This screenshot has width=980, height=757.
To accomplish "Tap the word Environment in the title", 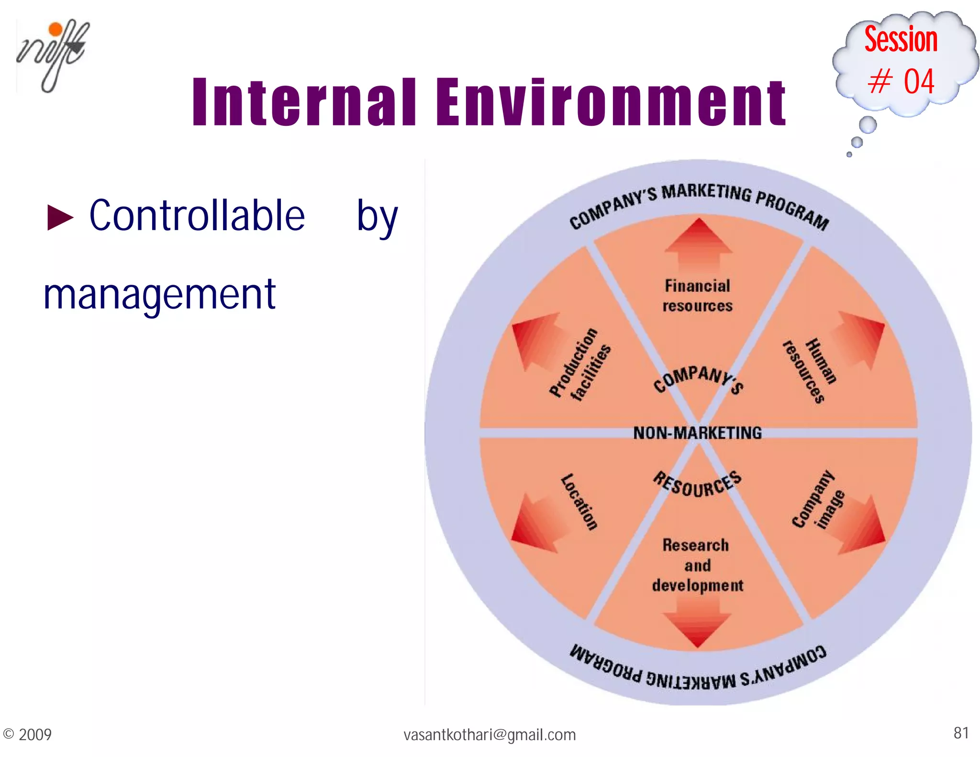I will pyautogui.click(x=611, y=102).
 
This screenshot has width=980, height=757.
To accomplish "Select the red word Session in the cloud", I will pyautogui.click(x=901, y=39).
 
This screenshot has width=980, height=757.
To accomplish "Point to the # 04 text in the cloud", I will pyautogui.click(x=901, y=81).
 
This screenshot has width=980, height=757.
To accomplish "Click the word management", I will pyautogui.click(x=159, y=295).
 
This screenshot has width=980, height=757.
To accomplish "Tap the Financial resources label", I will pyautogui.click(x=697, y=296).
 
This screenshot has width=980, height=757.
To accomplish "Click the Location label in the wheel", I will pyautogui.click(x=579, y=502).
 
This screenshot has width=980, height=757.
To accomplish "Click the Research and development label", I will pyautogui.click(x=697, y=565).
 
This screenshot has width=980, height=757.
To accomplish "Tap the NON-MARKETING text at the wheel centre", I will pyautogui.click(x=697, y=433).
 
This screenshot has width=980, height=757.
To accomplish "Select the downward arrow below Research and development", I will pyautogui.click(x=697, y=627).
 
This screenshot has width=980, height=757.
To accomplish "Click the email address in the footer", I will pyautogui.click(x=490, y=735).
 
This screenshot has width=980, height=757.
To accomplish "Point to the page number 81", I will pyautogui.click(x=961, y=733).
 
